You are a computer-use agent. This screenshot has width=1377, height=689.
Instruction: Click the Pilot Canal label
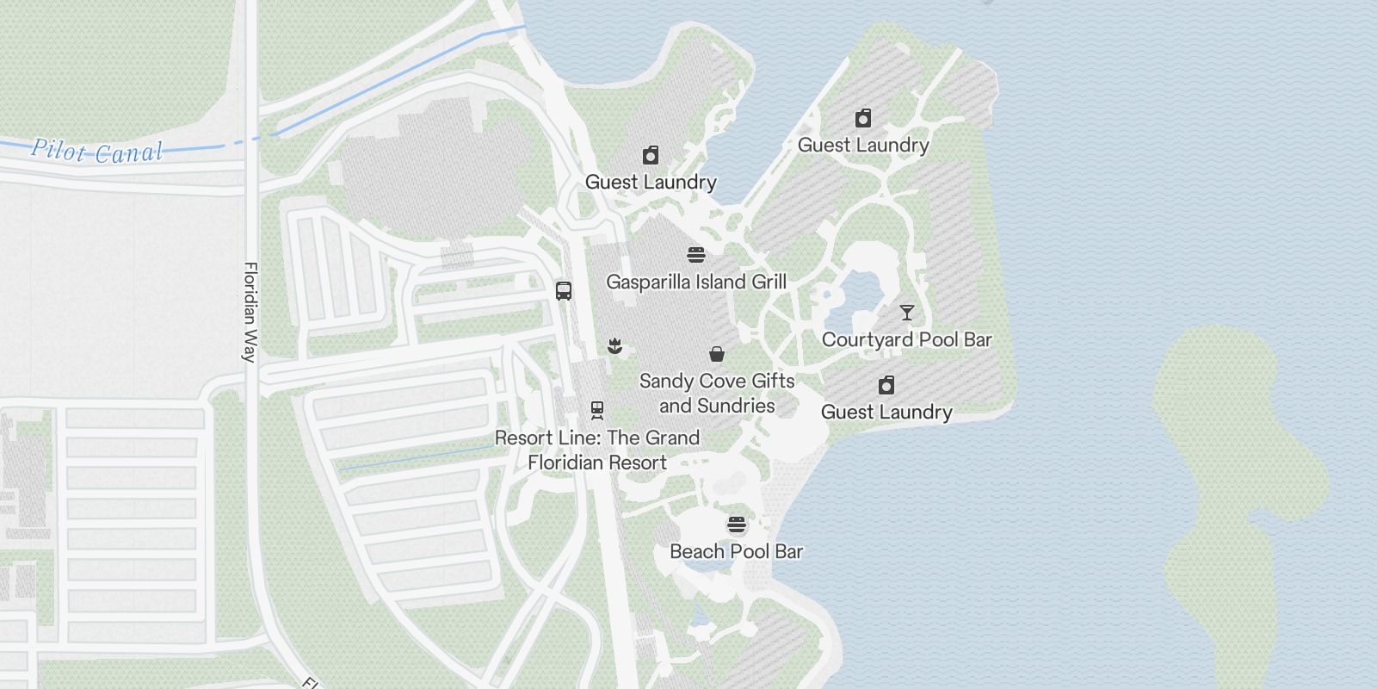coord(97,152)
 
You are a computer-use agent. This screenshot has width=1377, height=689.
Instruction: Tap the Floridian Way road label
coord(250,312)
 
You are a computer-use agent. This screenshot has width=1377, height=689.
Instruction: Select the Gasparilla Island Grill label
coord(696,282)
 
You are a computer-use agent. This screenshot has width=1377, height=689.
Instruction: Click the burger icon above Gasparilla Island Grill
coord(696,255)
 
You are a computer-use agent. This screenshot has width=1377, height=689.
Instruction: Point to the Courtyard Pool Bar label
coord(906,339)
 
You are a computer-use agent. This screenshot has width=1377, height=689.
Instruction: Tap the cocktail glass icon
coord(906,312)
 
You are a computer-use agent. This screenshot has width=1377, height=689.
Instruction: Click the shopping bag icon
coord(716,353)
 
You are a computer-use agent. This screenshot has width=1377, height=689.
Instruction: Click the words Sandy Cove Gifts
coord(717,381)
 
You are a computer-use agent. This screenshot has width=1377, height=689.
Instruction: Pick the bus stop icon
coord(564,290)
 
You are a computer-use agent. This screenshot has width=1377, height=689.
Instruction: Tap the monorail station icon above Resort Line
coord(597,410)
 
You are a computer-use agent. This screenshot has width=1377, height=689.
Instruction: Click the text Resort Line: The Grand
coord(597,438)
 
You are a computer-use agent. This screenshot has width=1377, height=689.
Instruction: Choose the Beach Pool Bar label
coord(736,551)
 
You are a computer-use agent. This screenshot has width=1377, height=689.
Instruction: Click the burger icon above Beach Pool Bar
coord(736,525)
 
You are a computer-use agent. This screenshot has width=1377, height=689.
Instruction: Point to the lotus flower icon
coord(614,346)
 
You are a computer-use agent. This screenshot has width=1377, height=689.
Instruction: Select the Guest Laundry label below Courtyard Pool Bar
coord(886,412)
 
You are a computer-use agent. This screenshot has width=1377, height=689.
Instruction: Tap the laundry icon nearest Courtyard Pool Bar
coord(886,384)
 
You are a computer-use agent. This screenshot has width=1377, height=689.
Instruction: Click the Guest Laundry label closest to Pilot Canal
coord(651,182)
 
